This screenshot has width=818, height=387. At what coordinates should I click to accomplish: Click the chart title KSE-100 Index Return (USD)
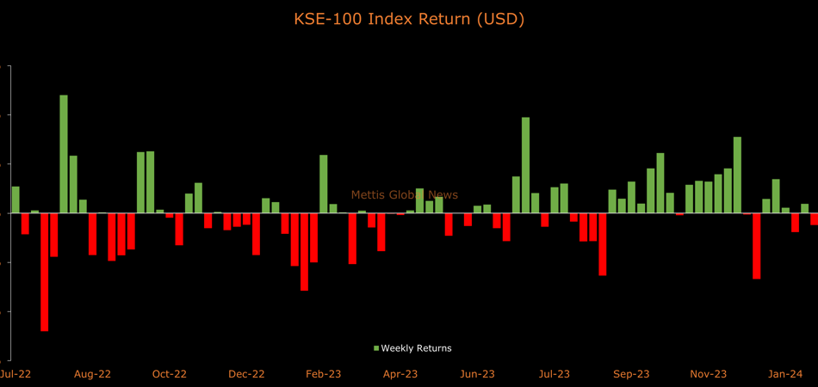click(409, 19)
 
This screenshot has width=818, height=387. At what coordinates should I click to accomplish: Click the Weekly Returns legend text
click(416, 348)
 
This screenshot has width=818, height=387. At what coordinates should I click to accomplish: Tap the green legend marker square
click(376, 348)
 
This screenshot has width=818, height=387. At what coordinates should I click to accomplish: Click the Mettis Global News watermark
click(404, 195)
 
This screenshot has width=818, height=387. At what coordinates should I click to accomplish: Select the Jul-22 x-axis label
click(15, 374)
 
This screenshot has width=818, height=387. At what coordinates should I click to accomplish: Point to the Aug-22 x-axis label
click(92, 374)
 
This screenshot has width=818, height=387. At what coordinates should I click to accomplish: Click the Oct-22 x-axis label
click(170, 374)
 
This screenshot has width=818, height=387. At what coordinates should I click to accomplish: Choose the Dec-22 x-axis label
click(246, 374)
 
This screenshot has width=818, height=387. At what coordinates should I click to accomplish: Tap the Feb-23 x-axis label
click(324, 374)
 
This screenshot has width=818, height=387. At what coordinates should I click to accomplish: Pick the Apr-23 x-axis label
click(400, 374)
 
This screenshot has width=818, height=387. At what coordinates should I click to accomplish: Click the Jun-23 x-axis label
click(477, 374)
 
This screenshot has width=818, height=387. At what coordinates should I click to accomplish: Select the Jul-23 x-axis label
click(555, 374)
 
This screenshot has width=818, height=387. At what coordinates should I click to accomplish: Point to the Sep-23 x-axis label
click(631, 374)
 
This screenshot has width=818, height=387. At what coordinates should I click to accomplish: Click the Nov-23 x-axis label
click(709, 374)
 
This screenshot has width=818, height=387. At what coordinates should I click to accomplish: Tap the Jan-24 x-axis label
click(785, 374)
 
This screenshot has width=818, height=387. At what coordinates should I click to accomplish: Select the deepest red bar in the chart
click(45, 272)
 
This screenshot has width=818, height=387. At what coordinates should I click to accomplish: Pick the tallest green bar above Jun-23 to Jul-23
click(525, 164)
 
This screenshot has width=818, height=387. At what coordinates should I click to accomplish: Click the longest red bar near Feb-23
click(304, 251)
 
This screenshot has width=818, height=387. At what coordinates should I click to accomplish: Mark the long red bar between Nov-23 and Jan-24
click(757, 245)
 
